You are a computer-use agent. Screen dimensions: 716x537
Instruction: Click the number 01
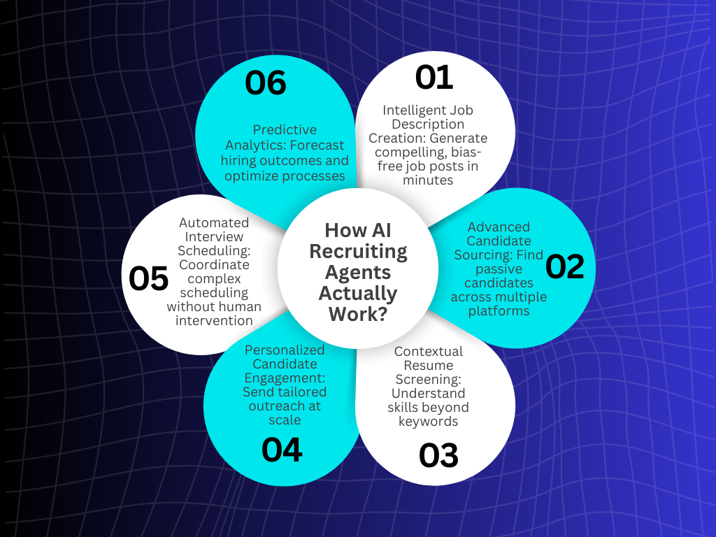(x=434, y=78)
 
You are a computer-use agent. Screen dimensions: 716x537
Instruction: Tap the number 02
(x=564, y=266)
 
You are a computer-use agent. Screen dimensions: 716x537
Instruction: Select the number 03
(x=438, y=456)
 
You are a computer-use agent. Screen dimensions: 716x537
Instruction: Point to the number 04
(x=282, y=450)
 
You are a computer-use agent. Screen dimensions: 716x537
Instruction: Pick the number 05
(x=149, y=278)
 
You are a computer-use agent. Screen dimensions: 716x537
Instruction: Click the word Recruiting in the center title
(x=358, y=251)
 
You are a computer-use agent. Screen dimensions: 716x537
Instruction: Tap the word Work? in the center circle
(x=358, y=314)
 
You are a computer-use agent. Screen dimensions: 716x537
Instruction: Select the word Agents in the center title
(x=358, y=272)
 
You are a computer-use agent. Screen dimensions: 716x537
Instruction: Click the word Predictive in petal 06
(x=285, y=129)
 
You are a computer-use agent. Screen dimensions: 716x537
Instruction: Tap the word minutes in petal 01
(x=428, y=180)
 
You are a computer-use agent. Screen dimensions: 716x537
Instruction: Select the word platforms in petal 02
(x=499, y=310)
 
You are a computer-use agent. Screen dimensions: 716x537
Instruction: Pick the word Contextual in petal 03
(x=429, y=351)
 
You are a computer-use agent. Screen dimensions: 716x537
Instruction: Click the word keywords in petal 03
(x=428, y=421)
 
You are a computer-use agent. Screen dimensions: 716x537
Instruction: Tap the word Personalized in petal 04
(x=285, y=350)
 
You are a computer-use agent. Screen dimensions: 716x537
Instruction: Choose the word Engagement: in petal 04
(x=285, y=378)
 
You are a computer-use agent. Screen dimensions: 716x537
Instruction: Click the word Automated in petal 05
(x=214, y=222)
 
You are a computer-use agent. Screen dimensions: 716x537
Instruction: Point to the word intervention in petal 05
(x=214, y=320)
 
